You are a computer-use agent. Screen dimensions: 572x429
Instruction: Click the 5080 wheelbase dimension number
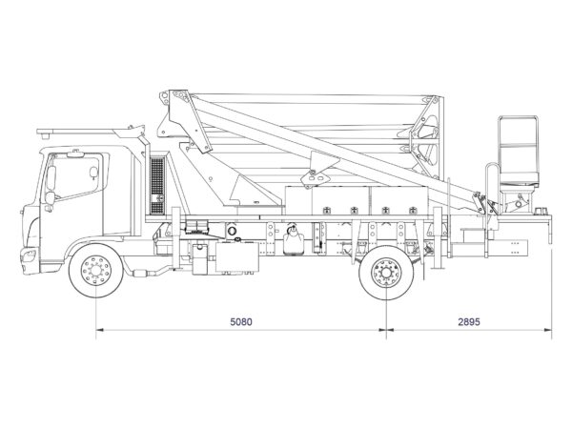(x=241, y=322)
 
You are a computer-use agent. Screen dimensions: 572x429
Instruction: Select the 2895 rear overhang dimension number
(x=469, y=322)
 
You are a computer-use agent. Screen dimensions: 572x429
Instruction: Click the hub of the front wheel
(x=96, y=271)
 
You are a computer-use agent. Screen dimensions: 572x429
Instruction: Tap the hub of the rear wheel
(x=386, y=273)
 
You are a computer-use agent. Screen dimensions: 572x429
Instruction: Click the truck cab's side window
(x=76, y=176)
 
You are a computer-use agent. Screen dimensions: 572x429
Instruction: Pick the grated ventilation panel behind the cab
(x=157, y=185)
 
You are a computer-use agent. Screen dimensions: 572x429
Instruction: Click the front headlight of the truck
(x=28, y=255)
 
